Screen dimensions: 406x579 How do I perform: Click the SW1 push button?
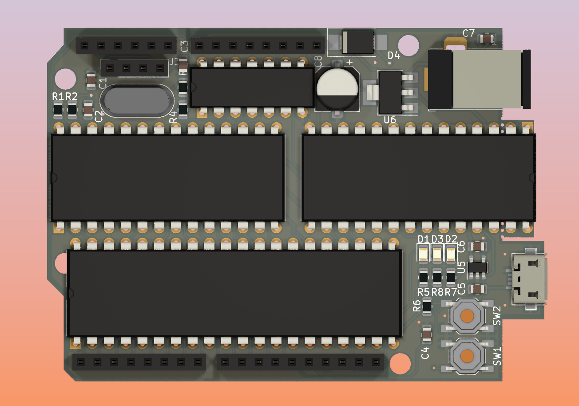[x=467, y=356]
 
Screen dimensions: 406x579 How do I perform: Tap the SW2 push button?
[x=467, y=315]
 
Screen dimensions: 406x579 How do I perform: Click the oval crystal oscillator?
[x=137, y=101]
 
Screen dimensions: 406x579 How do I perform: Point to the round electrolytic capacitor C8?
[x=337, y=88]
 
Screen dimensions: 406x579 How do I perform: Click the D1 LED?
[x=423, y=254]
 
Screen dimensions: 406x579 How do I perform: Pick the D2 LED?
[x=451, y=254]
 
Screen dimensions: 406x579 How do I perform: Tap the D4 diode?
[x=357, y=42]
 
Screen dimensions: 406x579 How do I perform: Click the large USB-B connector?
[x=477, y=80]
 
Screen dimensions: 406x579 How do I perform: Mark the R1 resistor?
[x=58, y=109]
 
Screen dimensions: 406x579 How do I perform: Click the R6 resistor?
[x=427, y=306]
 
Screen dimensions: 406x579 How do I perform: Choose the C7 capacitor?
[x=487, y=40]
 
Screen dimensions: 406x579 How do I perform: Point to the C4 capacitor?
[x=427, y=334]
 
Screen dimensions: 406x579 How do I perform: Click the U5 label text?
[x=461, y=267]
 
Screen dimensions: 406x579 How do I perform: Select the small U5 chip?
[x=478, y=267]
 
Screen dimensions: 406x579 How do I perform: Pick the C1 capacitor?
[x=91, y=80]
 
